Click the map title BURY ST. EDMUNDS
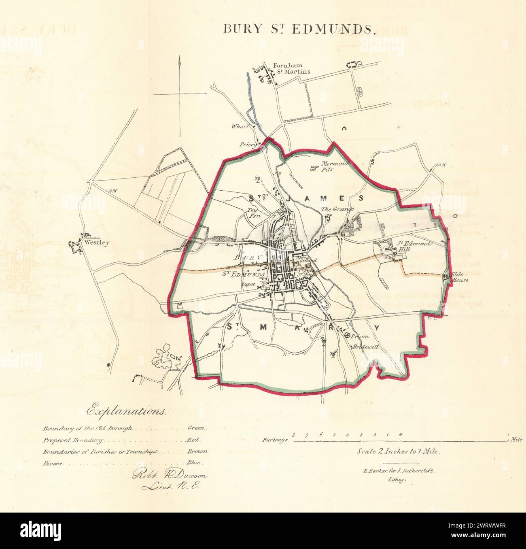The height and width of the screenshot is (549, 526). pyautogui.click(x=299, y=30)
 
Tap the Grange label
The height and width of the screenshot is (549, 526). pyautogui.click(x=337, y=209)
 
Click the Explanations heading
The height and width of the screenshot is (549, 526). pyautogui.click(x=126, y=411)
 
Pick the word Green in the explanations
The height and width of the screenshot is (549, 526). pyautogui.click(x=197, y=428)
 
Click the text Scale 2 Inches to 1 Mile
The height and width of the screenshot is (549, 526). pyautogui.click(x=398, y=451)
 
